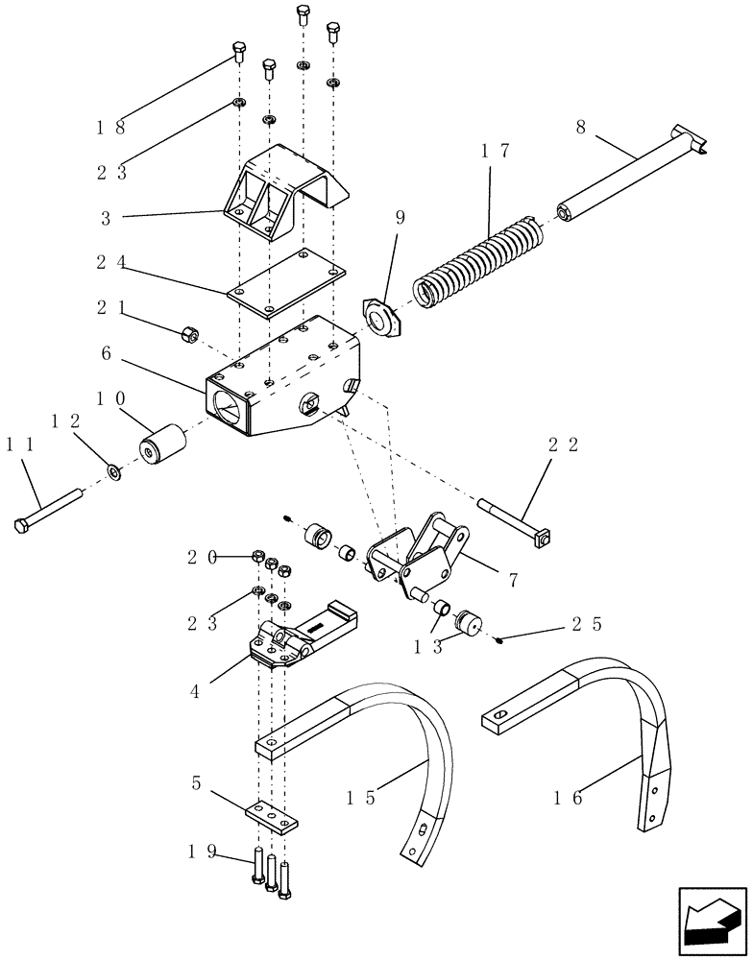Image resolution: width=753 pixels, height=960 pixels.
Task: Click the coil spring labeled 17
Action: pos(476,265)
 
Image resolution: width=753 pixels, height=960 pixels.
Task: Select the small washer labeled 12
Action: pos(114,470)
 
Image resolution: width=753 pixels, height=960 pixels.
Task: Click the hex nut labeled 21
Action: pos(190,334)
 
